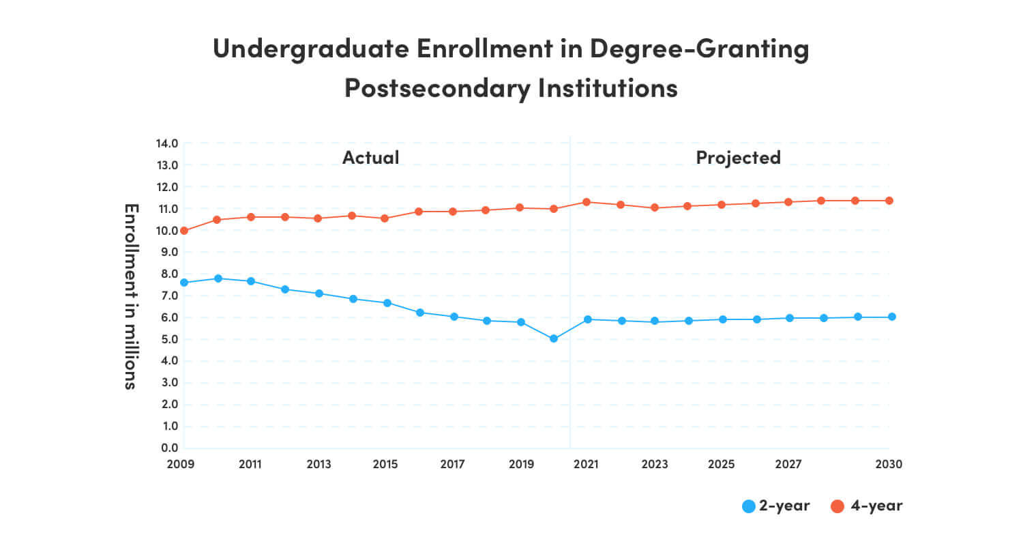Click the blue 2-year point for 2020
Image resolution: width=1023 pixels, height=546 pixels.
553,339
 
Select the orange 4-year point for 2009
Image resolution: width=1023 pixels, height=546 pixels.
184,231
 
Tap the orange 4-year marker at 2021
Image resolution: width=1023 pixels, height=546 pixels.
587,202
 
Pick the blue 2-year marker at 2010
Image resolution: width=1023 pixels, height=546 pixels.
218,278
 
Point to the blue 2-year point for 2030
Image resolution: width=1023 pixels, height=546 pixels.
891,317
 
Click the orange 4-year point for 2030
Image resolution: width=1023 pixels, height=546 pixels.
891,201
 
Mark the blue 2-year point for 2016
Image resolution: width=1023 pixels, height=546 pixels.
419,313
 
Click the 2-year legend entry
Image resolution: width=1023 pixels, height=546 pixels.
776,506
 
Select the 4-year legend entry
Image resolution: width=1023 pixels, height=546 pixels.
866,506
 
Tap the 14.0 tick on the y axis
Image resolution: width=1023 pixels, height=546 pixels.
167,144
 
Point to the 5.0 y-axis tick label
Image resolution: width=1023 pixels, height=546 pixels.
167,339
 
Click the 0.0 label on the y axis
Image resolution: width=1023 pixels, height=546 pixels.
167,448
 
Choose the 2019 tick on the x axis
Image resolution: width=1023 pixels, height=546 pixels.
520,465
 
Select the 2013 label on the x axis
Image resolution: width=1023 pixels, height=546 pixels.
318,465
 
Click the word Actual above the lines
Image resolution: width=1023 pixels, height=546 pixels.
370,158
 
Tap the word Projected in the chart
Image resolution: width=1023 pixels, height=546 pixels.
738,158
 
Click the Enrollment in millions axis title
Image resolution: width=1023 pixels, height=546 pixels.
131,296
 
